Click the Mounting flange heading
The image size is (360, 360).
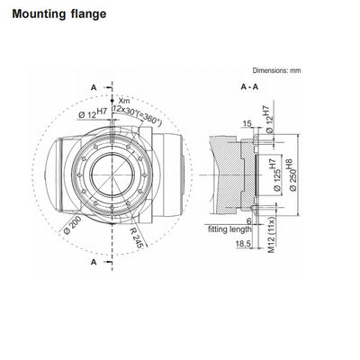(59, 14)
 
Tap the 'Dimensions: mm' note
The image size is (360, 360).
(276, 70)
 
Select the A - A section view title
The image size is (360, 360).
(249, 87)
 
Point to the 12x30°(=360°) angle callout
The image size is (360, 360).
(137, 114)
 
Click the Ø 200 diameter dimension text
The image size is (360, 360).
(72, 226)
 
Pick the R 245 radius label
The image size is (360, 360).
(138, 238)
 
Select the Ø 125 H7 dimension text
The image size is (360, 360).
(275, 175)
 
